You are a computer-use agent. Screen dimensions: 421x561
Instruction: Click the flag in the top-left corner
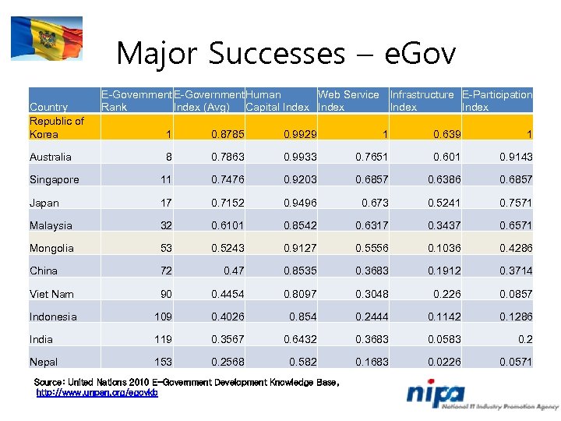click(46, 38)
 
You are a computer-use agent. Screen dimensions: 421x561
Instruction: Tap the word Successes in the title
click(276, 54)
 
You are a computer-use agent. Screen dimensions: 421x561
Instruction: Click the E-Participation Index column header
click(496, 101)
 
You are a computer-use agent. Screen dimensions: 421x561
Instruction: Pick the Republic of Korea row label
click(56, 127)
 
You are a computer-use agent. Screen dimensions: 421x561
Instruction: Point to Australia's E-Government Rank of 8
click(168, 157)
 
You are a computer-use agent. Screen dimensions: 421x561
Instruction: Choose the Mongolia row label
click(51, 248)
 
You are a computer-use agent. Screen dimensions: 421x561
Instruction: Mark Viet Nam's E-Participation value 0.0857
click(515, 294)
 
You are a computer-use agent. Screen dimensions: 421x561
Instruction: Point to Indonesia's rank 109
click(162, 317)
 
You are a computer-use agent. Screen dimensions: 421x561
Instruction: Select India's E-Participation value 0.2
click(525, 339)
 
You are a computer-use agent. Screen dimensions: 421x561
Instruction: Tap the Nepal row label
click(44, 362)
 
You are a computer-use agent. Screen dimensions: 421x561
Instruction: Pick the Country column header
click(48, 107)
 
